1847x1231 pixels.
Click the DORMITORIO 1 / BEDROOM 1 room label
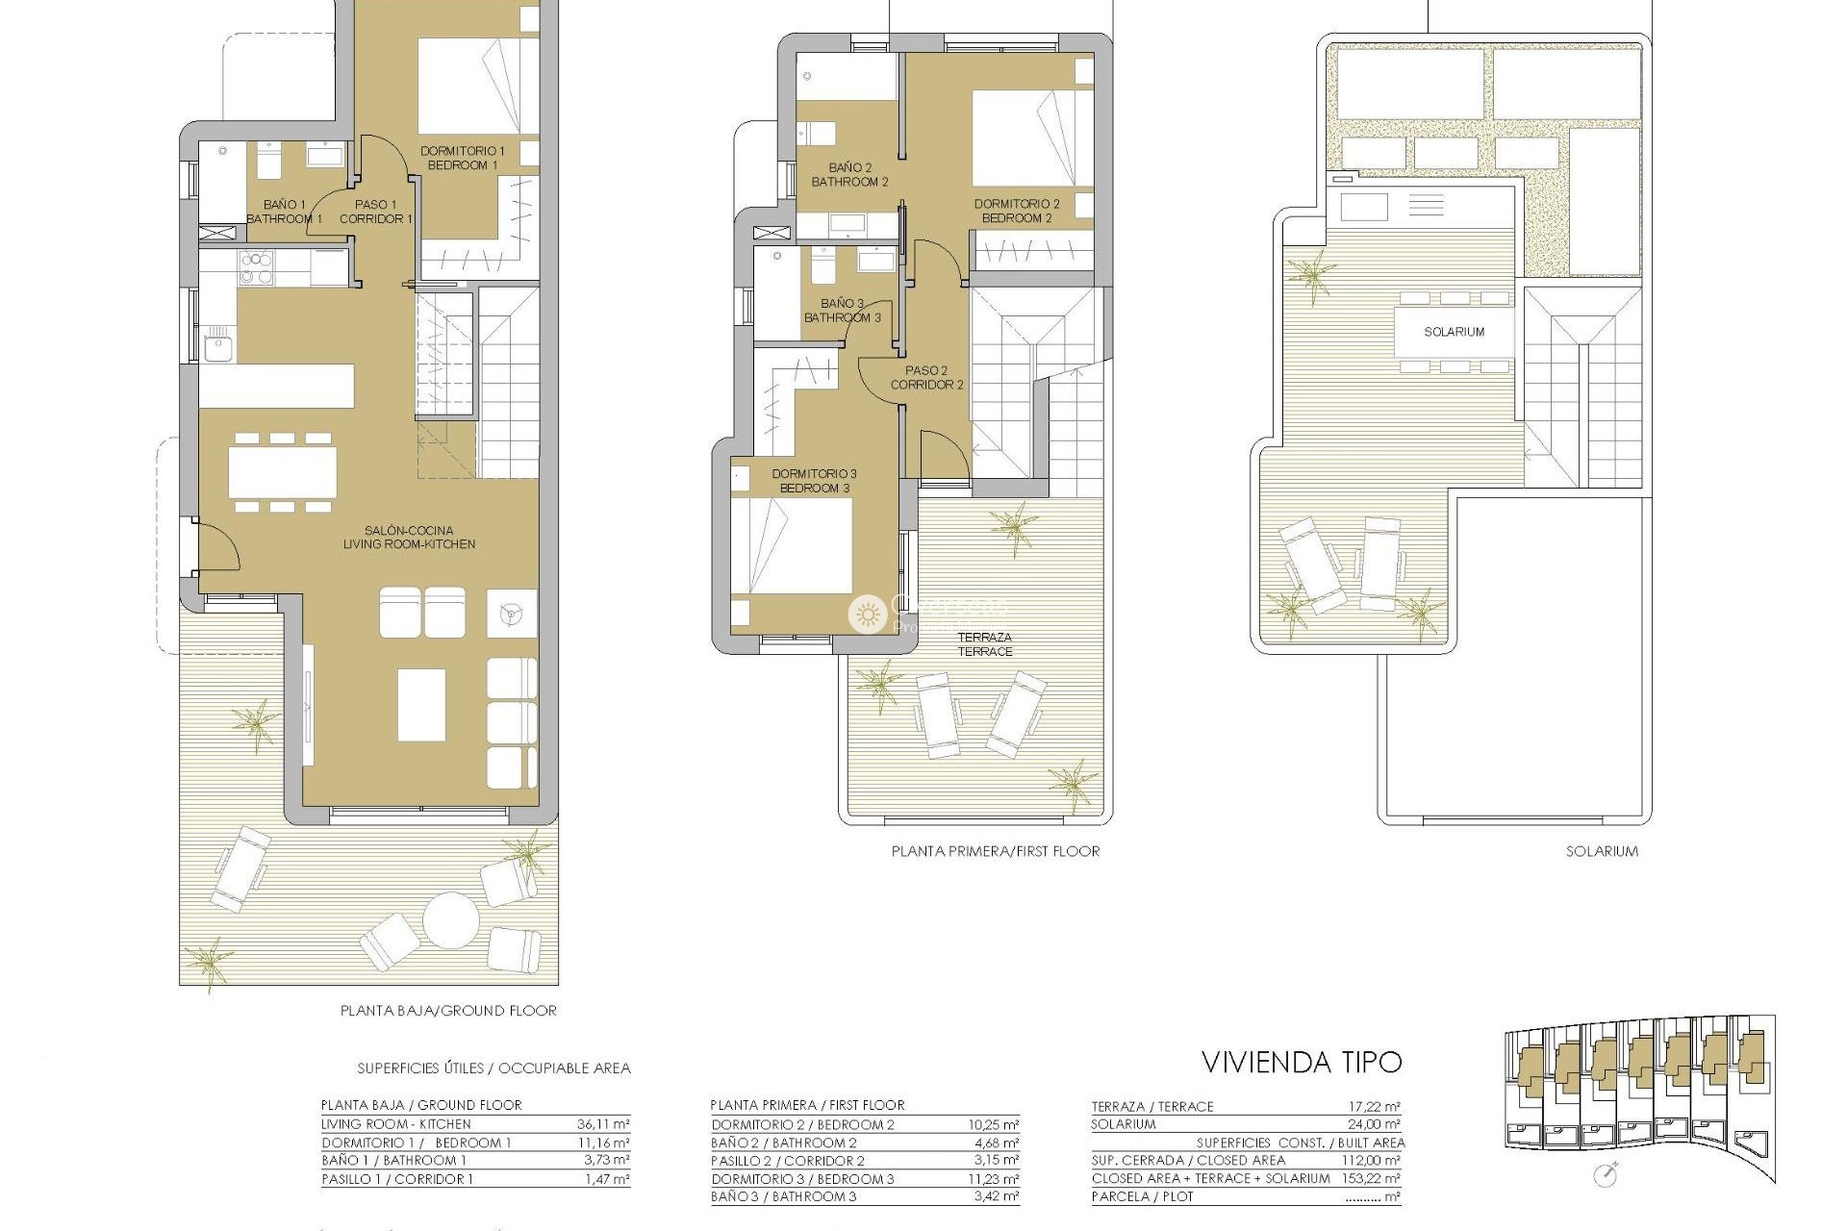pyautogui.click(x=462, y=159)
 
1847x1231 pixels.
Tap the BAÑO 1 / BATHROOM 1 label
pyautogui.click(x=284, y=212)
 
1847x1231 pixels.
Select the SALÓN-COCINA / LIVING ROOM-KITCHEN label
pyautogui.click(x=409, y=538)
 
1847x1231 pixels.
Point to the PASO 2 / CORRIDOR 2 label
pyautogui.click(x=926, y=378)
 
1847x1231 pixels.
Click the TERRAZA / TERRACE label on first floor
pyautogui.click(x=984, y=644)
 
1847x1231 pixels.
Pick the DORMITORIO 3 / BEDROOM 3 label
pyautogui.click(x=814, y=481)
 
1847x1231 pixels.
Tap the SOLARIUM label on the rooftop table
pyautogui.click(x=1454, y=332)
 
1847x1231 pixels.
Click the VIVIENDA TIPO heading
pyautogui.click(x=1302, y=1063)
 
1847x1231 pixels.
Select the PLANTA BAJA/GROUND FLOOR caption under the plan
pyautogui.click(x=448, y=1011)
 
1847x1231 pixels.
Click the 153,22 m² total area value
pyautogui.click(x=1371, y=1178)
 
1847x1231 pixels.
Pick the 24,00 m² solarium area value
pyautogui.click(x=1373, y=1124)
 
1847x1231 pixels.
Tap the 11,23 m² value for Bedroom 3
pyautogui.click(x=993, y=1179)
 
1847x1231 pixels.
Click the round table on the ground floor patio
pyautogui.click(x=450, y=919)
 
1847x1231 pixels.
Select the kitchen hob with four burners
pyautogui.click(x=257, y=268)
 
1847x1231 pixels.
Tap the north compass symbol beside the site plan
pyautogui.click(x=1605, y=1174)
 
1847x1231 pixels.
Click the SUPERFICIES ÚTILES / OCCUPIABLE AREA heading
pyautogui.click(x=493, y=1068)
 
